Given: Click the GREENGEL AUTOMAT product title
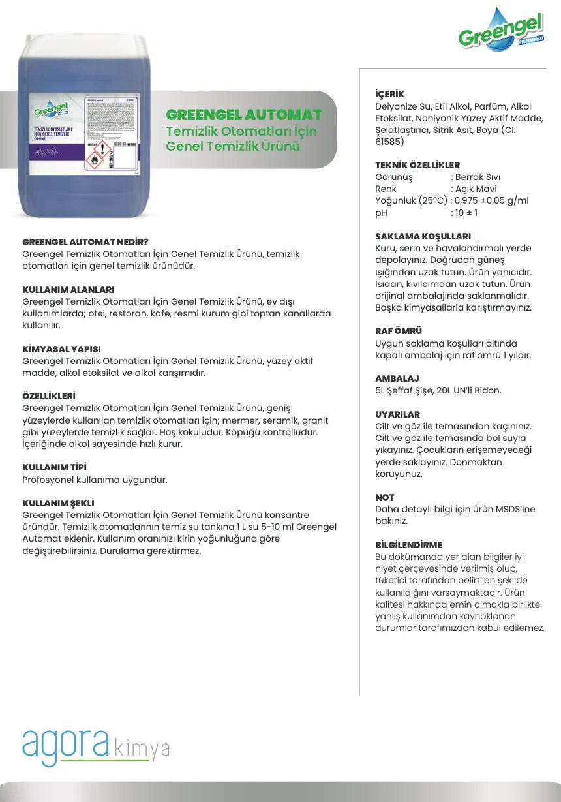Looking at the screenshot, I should [244, 116].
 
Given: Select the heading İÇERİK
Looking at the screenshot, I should [389, 95].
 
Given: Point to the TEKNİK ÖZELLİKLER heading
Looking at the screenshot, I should [417, 165].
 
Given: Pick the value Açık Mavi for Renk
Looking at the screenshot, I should [476, 189].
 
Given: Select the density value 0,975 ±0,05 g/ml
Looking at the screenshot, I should [491, 201].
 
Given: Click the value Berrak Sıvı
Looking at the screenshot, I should [478, 177].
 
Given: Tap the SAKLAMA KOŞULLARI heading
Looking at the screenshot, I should [423, 236].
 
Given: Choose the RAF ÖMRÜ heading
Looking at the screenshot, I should [399, 332].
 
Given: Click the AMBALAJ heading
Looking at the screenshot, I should [397, 378].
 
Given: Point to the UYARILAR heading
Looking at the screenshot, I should [397, 414].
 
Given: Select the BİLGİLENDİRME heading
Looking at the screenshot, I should [408, 545].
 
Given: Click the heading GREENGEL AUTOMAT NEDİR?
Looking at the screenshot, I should [85, 242].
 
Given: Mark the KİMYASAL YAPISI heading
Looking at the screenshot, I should [61, 350].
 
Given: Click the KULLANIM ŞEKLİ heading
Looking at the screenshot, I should [58, 503].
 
